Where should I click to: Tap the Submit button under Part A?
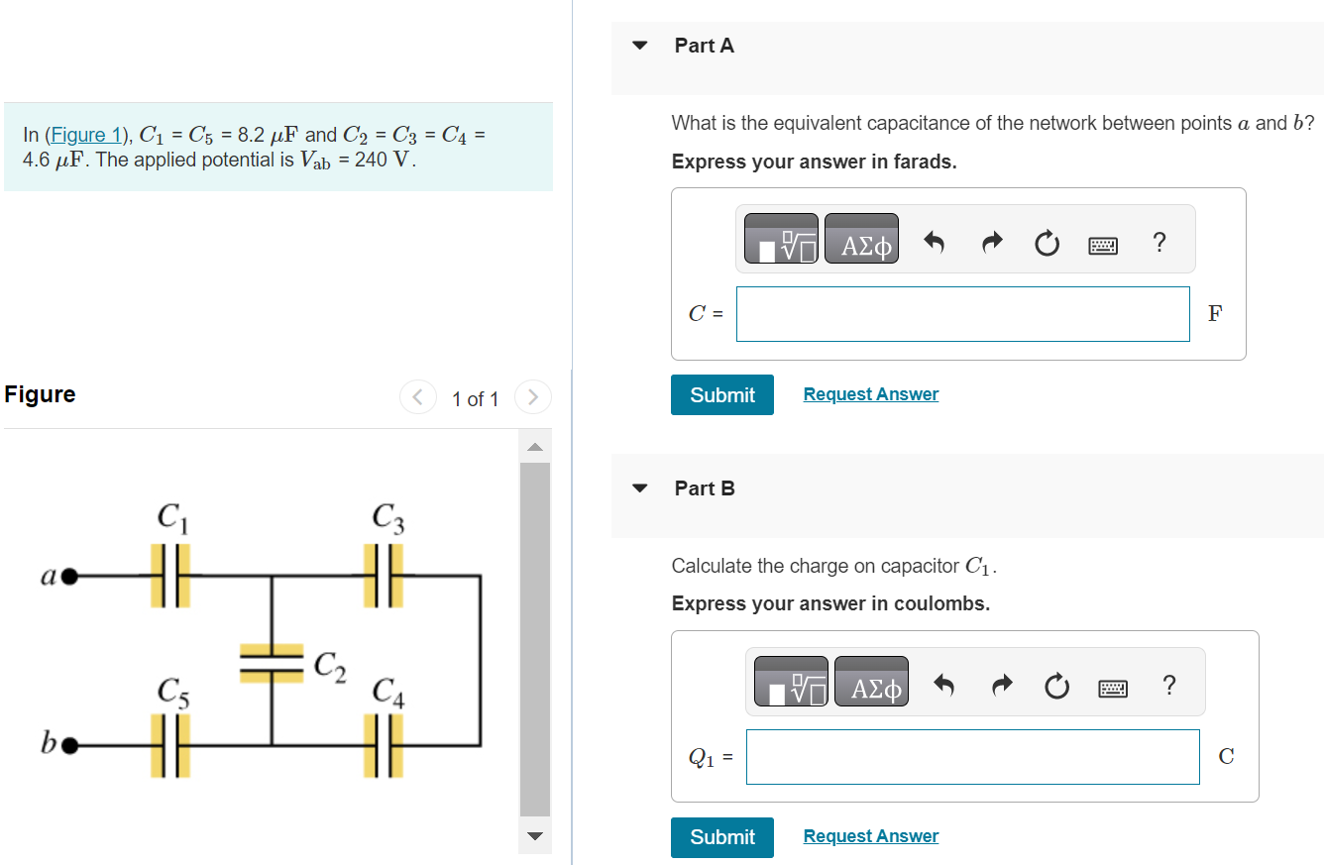tap(721, 394)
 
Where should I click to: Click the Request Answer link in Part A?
tap(870, 394)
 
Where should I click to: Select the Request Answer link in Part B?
tap(870, 836)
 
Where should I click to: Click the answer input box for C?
tap(962, 314)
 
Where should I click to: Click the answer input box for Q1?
tap(971, 757)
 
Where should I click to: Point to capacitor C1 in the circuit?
tap(170, 575)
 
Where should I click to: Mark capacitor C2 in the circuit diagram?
tap(272, 662)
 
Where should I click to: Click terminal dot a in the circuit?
tap(69, 575)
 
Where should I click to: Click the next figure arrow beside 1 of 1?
tap(532, 398)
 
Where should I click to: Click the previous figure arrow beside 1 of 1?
tap(417, 398)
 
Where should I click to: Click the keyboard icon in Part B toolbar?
tap(1113, 686)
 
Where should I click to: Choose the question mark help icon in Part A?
tap(1159, 241)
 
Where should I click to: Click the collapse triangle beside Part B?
tap(640, 488)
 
